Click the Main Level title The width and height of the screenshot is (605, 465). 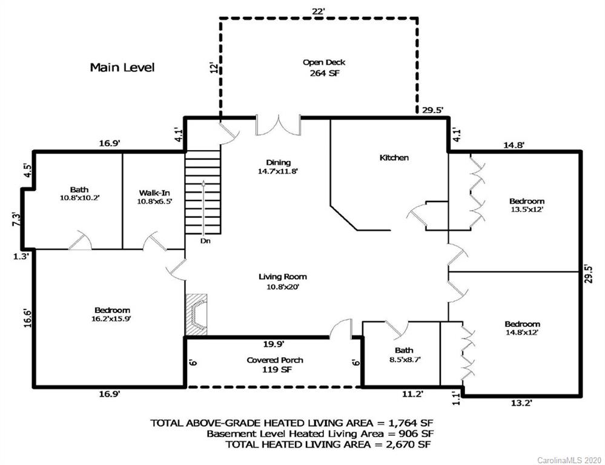coord(122,68)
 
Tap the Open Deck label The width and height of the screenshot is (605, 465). coord(324,62)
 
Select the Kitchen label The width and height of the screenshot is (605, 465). coord(394,157)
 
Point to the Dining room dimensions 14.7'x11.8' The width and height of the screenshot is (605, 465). coord(278,171)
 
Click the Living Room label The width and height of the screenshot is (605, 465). coord(283,277)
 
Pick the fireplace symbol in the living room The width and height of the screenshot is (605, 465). coord(196,314)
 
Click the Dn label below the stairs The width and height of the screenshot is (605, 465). coord(205,241)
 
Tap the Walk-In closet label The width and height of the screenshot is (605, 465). coord(154,193)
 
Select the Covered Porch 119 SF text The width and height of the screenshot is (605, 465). coord(275,364)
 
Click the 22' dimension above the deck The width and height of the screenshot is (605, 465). coord(319,12)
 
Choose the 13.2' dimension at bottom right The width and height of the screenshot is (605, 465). coord(521,403)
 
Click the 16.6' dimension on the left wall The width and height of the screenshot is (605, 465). coord(27,318)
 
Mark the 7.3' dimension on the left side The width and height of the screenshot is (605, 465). coord(16,219)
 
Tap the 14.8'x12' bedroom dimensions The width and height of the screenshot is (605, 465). coord(522,332)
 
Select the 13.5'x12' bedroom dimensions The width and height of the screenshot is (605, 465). coord(527,209)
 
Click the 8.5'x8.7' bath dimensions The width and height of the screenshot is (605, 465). coord(404,359)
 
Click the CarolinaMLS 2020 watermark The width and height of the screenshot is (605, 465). coord(569,460)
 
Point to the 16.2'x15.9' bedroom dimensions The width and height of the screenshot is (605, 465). coord(112,318)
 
